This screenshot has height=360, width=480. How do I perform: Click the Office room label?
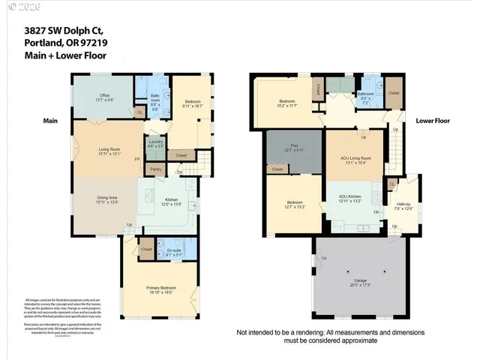[105, 95]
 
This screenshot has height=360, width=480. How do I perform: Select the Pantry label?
[156, 169]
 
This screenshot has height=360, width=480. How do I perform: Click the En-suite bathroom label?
[173, 250]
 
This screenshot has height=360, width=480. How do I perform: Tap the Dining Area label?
[105, 197]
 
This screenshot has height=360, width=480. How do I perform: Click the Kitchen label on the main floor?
[172, 200]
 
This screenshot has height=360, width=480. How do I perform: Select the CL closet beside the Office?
[139, 112]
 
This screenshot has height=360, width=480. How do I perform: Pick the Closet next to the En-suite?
[146, 249]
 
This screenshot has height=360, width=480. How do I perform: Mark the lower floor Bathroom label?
[365, 94]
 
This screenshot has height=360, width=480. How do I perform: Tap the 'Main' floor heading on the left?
[51, 120]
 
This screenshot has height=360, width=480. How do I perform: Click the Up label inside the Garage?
[324, 259]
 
